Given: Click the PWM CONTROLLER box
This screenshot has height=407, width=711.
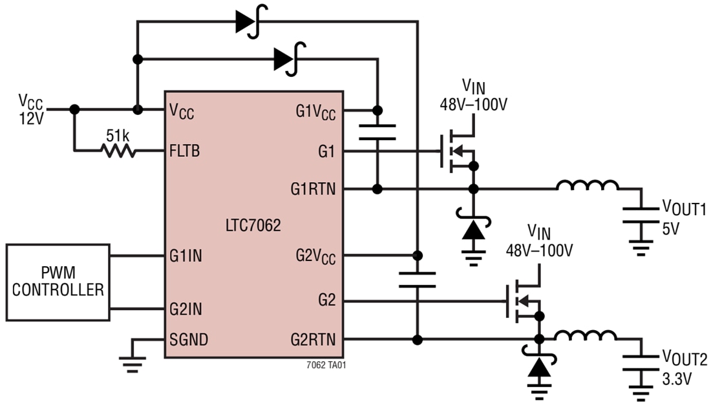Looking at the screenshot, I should click(x=58, y=282).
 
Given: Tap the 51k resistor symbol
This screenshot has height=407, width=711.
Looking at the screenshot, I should click(x=117, y=151).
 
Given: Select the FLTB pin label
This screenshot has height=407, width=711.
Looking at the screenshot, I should click(x=185, y=151).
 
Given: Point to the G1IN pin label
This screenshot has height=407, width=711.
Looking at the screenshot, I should click(x=186, y=256).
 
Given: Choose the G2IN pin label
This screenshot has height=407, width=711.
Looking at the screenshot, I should click(x=186, y=309).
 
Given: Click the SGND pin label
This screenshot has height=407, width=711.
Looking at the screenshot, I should click(x=189, y=339).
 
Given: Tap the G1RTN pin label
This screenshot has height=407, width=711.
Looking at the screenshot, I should click(x=313, y=189).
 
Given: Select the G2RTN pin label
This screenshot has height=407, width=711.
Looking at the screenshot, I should click(x=313, y=339).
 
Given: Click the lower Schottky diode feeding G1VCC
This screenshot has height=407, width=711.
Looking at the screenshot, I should click(x=287, y=59).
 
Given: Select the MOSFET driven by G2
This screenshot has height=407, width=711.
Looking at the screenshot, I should click(x=522, y=301).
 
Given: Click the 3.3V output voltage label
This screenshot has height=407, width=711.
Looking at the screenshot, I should click(x=676, y=379).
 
